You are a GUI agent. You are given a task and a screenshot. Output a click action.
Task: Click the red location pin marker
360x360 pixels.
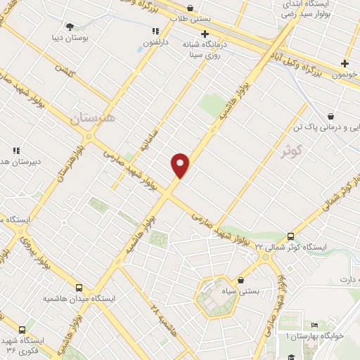[181, 165]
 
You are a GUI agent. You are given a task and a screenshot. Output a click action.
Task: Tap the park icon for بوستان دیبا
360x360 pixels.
[69, 26]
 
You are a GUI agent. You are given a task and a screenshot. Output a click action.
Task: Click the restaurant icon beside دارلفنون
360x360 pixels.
[155, 31]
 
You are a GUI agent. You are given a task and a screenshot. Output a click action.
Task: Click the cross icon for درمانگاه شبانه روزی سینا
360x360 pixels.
[205, 34]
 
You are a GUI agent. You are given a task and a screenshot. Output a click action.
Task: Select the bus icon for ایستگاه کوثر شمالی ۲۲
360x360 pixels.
[290, 236]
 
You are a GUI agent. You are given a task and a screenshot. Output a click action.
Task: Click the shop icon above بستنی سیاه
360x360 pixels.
[241, 279]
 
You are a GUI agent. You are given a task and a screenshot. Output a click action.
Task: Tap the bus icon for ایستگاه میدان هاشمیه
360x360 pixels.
[78, 288]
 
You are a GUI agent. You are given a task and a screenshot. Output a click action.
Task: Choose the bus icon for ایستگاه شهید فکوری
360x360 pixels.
[22, 329]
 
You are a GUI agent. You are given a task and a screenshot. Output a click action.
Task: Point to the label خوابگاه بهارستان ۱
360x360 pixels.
[319, 335]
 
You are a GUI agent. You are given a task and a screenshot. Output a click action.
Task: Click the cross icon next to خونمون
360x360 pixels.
[345, 64]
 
